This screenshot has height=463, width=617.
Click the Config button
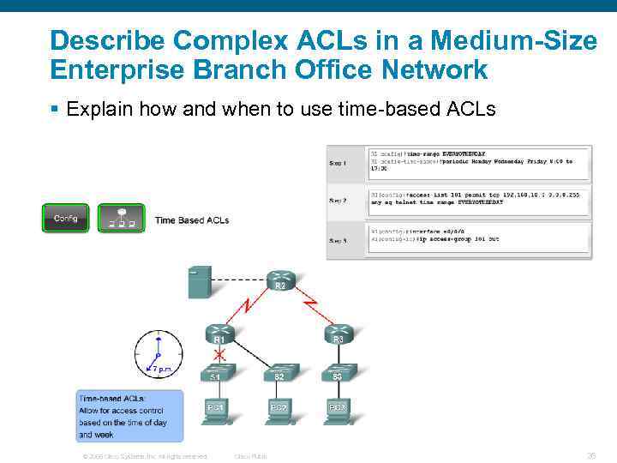[65, 218]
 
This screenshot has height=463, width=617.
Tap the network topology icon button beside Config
[120, 218]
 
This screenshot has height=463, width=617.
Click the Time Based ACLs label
[192, 220]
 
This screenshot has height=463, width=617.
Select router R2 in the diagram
[279, 280]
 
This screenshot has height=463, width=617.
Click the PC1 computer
[216, 410]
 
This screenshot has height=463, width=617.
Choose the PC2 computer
[279, 410]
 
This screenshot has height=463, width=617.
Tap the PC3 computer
[338, 410]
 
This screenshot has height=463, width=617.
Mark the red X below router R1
[220, 353]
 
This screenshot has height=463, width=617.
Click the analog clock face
[159, 354]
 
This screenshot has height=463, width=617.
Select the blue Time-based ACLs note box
[129, 417]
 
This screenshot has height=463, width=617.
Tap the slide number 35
[590, 455]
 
